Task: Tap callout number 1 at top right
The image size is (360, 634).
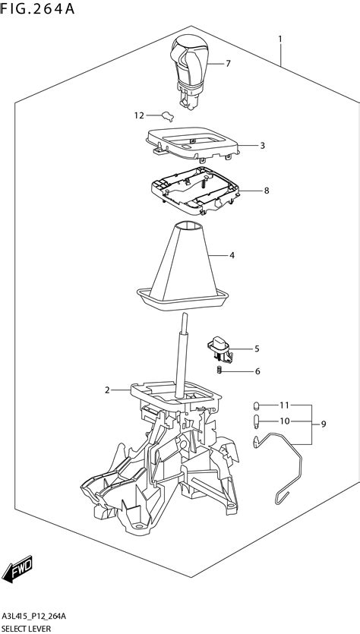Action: pyautogui.click(x=280, y=39)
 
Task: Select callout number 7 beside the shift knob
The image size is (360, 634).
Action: pyautogui.click(x=228, y=64)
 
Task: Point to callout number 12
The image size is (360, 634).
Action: pyautogui.click(x=139, y=115)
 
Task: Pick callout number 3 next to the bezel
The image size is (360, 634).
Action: pyautogui.click(x=262, y=145)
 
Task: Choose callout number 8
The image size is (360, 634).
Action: pyautogui.click(x=267, y=191)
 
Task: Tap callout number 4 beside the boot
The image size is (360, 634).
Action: pyautogui.click(x=232, y=255)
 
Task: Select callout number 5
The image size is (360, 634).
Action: pyautogui.click(x=257, y=349)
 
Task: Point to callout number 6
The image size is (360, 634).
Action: pyautogui.click(x=257, y=371)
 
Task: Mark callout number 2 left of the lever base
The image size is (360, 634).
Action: pyautogui.click(x=107, y=390)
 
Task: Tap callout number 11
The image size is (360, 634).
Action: pyautogui.click(x=284, y=405)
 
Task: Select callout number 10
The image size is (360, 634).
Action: pyautogui.click(x=284, y=421)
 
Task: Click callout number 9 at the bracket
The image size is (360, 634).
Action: pyautogui.click(x=325, y=423)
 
